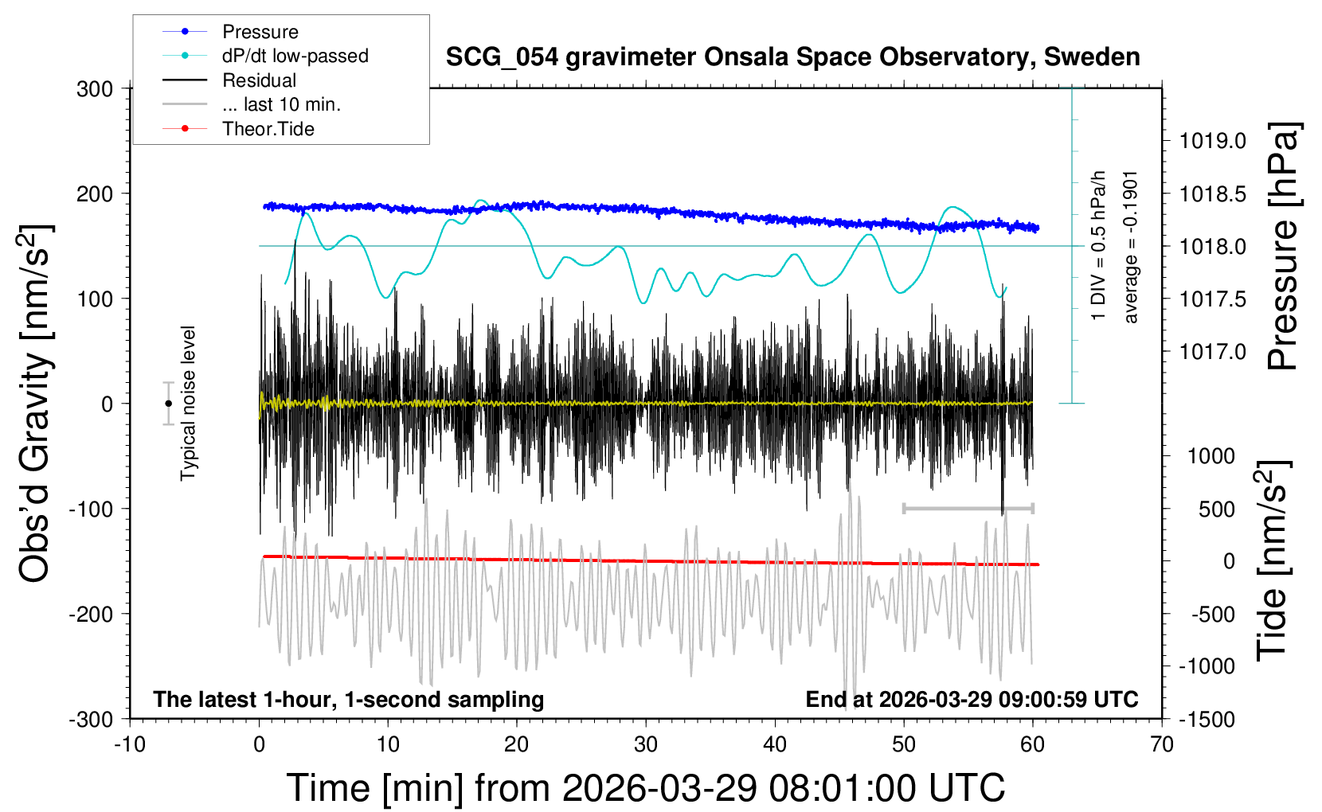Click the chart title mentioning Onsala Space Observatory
coord(792,57)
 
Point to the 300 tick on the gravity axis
coord(95,89)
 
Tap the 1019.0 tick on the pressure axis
coord(1213,141)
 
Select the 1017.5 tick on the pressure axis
coord(1213,299)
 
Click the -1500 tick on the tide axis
coord(1207,719)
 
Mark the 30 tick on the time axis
coord(646,745)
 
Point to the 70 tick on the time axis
coord(1162,745)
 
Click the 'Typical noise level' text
coord(188,403)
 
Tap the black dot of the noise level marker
coord(168,404)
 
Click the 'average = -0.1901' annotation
coord(1131,247)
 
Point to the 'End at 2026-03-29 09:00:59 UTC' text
coord(972,700)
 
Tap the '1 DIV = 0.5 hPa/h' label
coord(1099,245)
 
